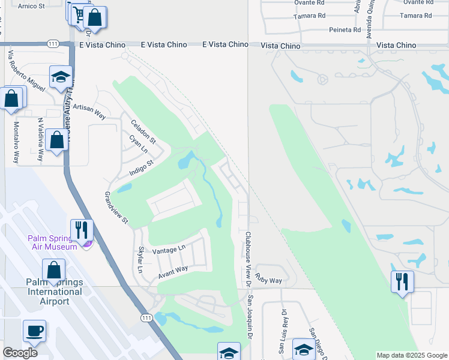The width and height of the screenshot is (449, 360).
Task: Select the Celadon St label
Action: [x=143, y=132]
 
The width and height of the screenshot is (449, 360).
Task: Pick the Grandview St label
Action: [x=117, y=208]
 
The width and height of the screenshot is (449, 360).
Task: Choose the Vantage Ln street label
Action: [x=169, y=250]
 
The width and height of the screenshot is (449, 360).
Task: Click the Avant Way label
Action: [x=173, y=272]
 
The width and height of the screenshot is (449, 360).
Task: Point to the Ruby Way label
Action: [x=268, y=280]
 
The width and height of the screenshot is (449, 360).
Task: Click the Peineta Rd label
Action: [x=345, y=29]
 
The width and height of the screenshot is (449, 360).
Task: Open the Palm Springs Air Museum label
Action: [x=52, y=242]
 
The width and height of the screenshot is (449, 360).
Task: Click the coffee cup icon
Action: [x=34, y=330]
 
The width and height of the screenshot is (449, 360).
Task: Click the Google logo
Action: [x=20, y=352]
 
